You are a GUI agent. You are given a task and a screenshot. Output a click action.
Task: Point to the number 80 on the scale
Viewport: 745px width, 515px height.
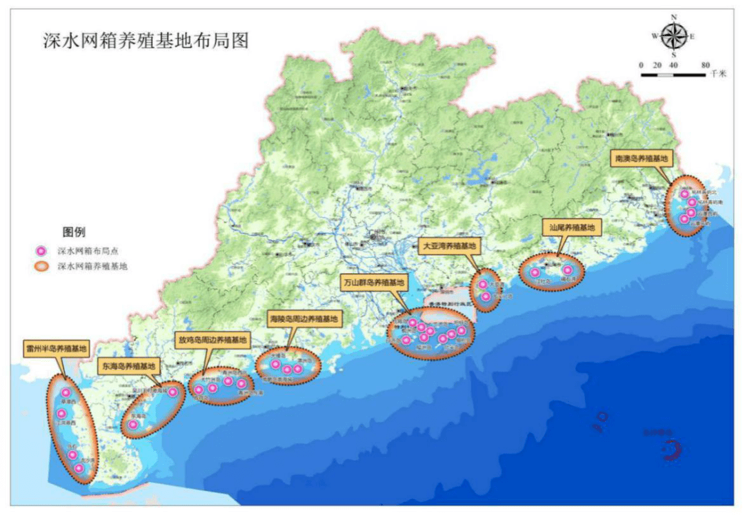pyautogui.click(x=705, y=65)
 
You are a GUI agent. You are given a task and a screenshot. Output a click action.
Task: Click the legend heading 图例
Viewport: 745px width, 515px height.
pyautogui.click(x=74, y=232)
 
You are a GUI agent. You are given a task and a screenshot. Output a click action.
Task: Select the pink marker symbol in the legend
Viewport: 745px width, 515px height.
pyautogui.click(x=42, y=250)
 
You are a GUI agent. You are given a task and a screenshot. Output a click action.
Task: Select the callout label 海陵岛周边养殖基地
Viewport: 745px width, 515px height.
pyautogui.click(x=304, y=319)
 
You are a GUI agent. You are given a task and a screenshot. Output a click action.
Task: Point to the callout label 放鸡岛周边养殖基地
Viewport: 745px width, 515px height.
pyautogui.click(x=212, y=341)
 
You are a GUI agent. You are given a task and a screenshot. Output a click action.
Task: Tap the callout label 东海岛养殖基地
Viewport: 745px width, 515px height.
pyautogui.click(x=129, y=365)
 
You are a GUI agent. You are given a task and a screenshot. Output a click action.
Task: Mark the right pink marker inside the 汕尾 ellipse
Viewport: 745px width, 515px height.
pyautogui.click(x=568, y=271)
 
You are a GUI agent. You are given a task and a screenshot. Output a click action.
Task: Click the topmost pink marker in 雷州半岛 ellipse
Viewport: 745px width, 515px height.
pyautogui.click(x=66, y=393)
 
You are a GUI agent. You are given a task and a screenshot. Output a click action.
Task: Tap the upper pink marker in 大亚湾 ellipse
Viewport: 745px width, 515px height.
pyautogui.click(x=483, y=284)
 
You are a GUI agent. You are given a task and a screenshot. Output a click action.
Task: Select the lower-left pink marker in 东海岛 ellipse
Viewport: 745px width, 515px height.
pyautogui.click(x=133, y=425)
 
